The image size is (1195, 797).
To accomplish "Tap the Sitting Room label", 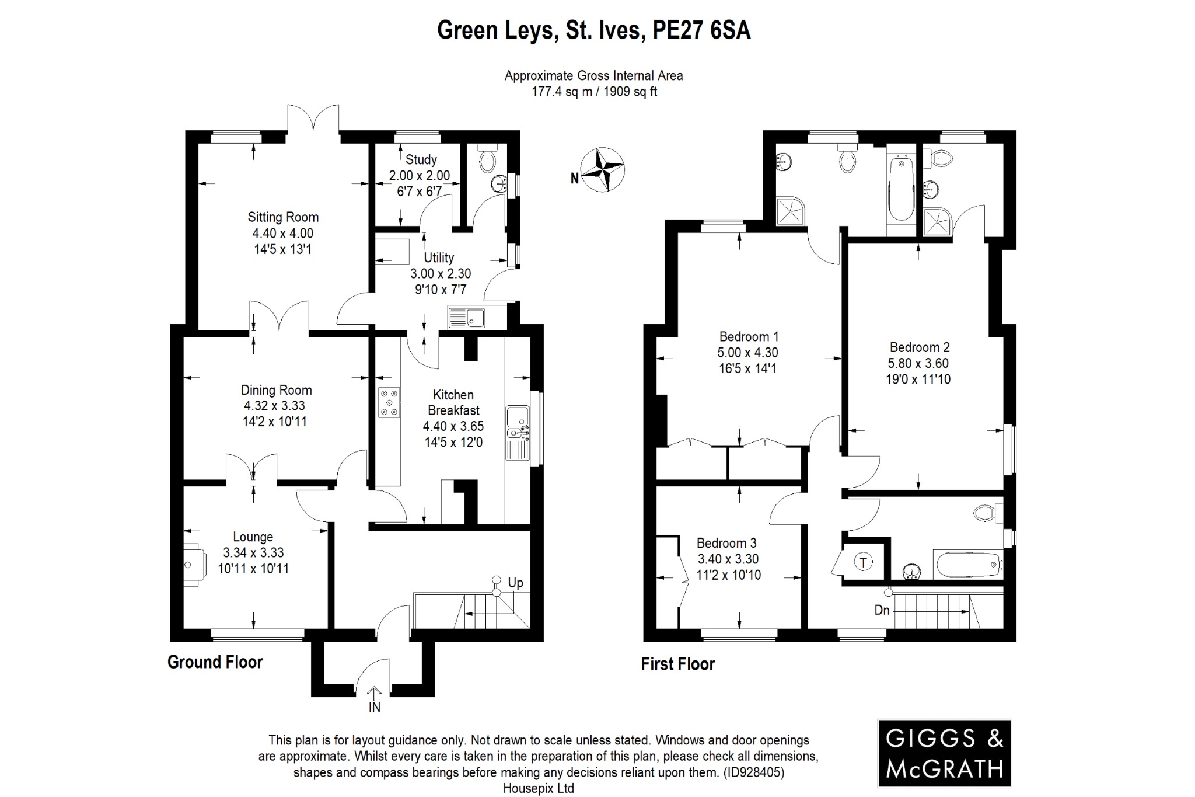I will pyautogui.click(x=283, y=217).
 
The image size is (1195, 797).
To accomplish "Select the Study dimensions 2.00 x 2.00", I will pyautogui.click(x=420, y=175).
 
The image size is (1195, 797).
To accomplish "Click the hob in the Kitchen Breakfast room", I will pyautogui.click(x=389, y=402).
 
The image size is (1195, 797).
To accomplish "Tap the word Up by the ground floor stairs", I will pyautogui.click(x=515, y=583).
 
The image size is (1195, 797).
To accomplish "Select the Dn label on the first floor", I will pyautogui.click(x=882, y=610).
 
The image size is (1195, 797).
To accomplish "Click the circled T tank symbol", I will pyautogui.click(x=864, y=562).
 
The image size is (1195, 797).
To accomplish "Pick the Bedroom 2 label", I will pyautogui.click(x=918, y=347).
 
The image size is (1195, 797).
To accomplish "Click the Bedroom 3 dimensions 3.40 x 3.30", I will pyautogui.click(x=728, y=559).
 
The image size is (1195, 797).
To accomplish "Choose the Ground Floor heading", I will pyautogui.click(x=215, y=662).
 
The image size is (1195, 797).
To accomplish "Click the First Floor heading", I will pyautogui.click(x=677, y=664).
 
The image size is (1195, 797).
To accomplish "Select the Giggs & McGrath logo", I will pyautogui.click(x=944, y=753).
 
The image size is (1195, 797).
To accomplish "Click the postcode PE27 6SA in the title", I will pyautogui.click(x=701, y=30).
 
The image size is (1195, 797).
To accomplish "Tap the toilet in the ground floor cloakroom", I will pyautogui.click(x=486, y=159).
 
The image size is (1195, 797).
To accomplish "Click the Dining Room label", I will pyautogui.click(x=277, y=390).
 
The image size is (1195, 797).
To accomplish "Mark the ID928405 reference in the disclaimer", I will pyautogui.click(x=752, y=772).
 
